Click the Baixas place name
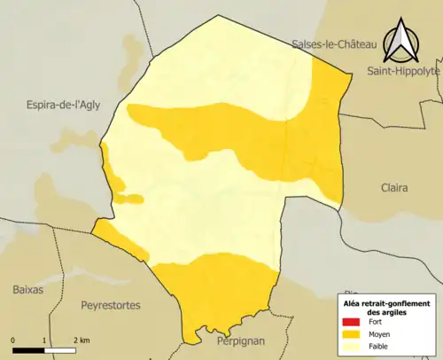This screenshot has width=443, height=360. [x=28, y=289]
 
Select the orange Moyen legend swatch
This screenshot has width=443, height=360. [x=352, y=335]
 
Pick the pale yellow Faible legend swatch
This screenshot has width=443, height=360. [x=352, y=348]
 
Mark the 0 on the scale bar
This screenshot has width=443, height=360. [x=13, y=340]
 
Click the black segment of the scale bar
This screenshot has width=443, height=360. [x=28, y=348]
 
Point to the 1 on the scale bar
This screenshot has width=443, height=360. [x=43, y=340]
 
